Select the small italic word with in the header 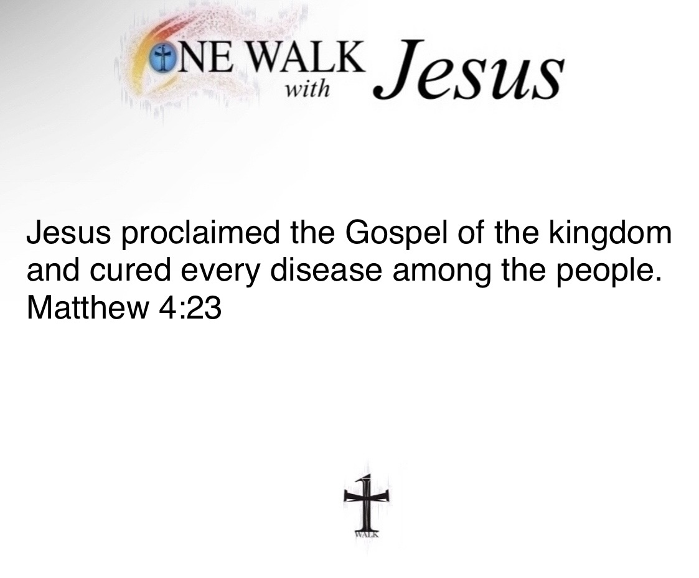(307, 90)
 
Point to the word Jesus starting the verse (68, 233)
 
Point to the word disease (326, 270)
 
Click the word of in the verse (472, 233)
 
